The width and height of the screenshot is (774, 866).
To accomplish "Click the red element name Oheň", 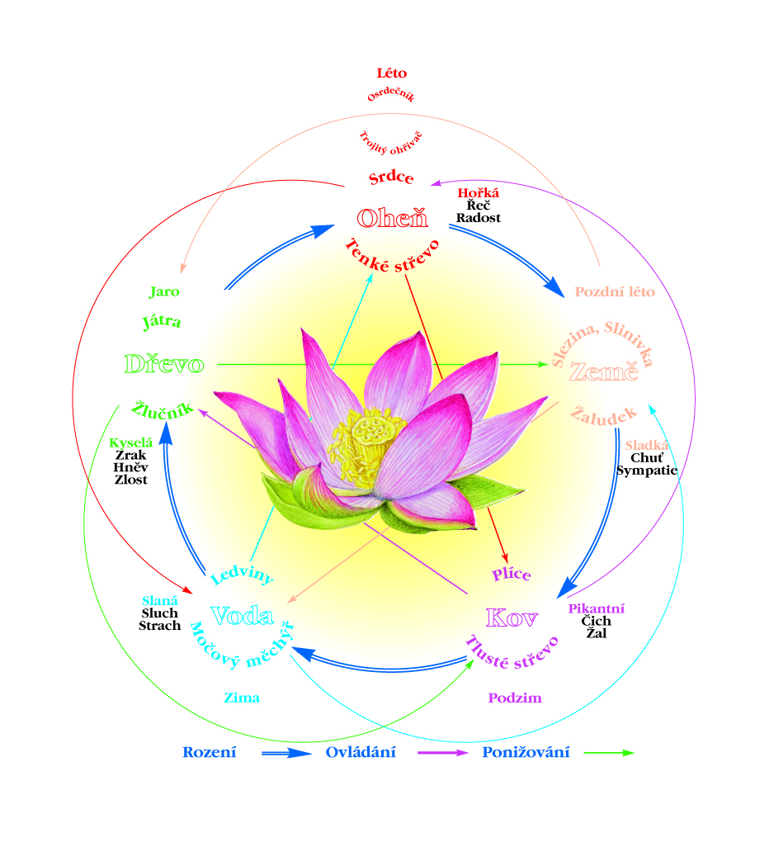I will pyautogui.click(x=392, y=218).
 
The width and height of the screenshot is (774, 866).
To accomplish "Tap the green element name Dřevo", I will pyautogui.click(x=163, y=364).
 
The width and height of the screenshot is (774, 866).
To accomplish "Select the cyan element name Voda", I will pyautogui.click(x=242, y=616).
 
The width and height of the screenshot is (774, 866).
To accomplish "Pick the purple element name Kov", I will pyautogui.click(x=512, y=618).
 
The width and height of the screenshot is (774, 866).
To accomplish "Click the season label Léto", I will pyautogui.click(x=391, y=73).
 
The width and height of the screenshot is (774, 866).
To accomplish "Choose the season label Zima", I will pyautogui.click(x=242, y=698).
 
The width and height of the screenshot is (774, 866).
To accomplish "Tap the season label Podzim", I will pyautogui.click(x=515, y=698).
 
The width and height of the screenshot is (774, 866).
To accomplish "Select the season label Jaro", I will pyautogui.click(x=164, y=291).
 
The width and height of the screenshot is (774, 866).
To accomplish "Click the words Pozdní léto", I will pyautogui.click(x=615, y=291).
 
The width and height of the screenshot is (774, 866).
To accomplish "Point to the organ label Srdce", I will pyautogui.click(x=391, y=178).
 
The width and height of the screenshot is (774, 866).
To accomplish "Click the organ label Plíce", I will pyautogui.click(x=512, y=575).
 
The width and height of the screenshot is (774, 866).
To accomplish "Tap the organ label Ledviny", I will pyautogui.click(x=242, y=575).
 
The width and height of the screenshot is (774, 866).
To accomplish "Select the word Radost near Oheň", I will pyautogui.click(x=479, y=218).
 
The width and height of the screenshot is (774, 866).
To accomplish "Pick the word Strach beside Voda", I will pyautogui.click(x=160, y=626).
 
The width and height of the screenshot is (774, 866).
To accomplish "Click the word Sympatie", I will pyautogui.click(x=647, y=471).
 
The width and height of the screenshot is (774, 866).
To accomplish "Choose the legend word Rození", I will pyautogui.click(x=210, y=752).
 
